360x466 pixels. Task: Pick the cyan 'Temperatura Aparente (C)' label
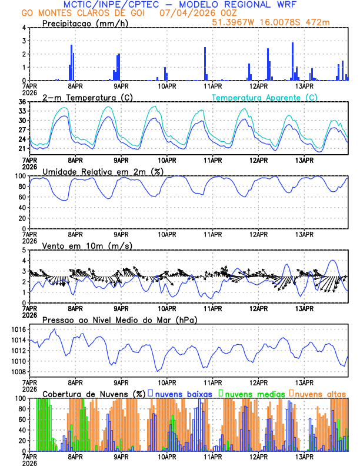(264, 97)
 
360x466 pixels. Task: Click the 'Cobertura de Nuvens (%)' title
(94, 393)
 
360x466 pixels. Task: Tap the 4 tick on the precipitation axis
(24, 28)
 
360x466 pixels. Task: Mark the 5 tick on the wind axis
(24, 250)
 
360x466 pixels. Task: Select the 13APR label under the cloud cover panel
(304, 457)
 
